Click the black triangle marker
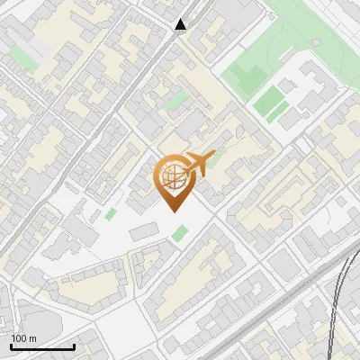181,24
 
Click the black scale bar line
41,346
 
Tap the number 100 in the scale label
20,338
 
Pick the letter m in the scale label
32,338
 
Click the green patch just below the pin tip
180,234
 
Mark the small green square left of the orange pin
111,214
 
